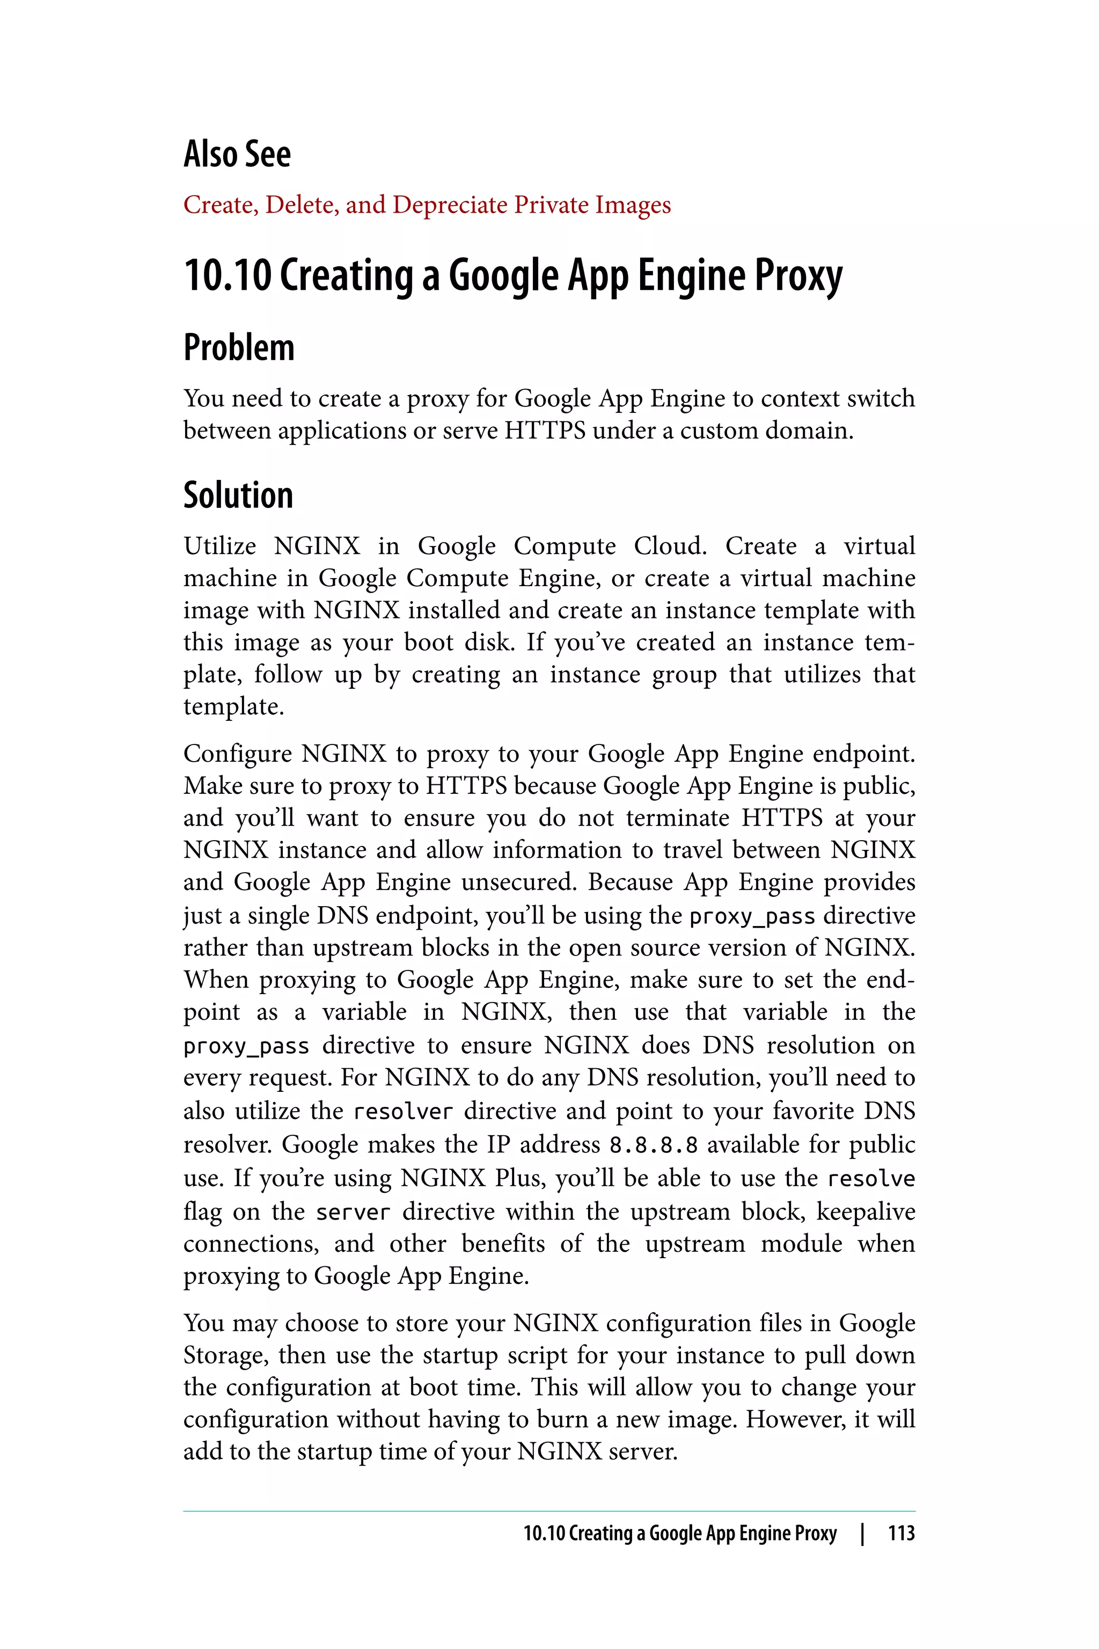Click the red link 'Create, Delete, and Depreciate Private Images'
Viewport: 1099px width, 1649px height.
tap(427, 205)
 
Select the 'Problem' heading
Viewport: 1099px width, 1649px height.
tap(238, 348)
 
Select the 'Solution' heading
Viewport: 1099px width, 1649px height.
tap(238, 495)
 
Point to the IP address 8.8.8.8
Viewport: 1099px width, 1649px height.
tap(653, 1145)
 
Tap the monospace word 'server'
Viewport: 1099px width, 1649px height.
tap(353, 1212)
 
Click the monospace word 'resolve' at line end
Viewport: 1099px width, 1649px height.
tap(870, 1179)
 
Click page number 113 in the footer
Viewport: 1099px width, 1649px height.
tap(900, 1533)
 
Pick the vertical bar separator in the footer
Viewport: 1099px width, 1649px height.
tap(862, 1533)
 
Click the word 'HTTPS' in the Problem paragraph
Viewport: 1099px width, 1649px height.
tap(545, 431)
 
